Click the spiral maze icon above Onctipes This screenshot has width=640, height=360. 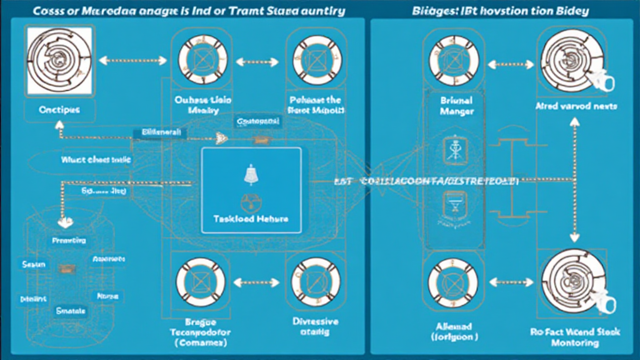53,60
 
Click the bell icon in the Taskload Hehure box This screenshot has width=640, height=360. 249,176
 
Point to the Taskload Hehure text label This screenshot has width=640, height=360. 251,219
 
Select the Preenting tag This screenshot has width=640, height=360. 69,241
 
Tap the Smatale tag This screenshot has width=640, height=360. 71,310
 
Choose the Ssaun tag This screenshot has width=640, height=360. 34,264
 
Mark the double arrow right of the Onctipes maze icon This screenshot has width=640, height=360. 133,61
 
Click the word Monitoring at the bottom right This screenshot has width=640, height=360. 576,343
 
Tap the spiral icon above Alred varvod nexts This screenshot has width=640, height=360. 569,61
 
